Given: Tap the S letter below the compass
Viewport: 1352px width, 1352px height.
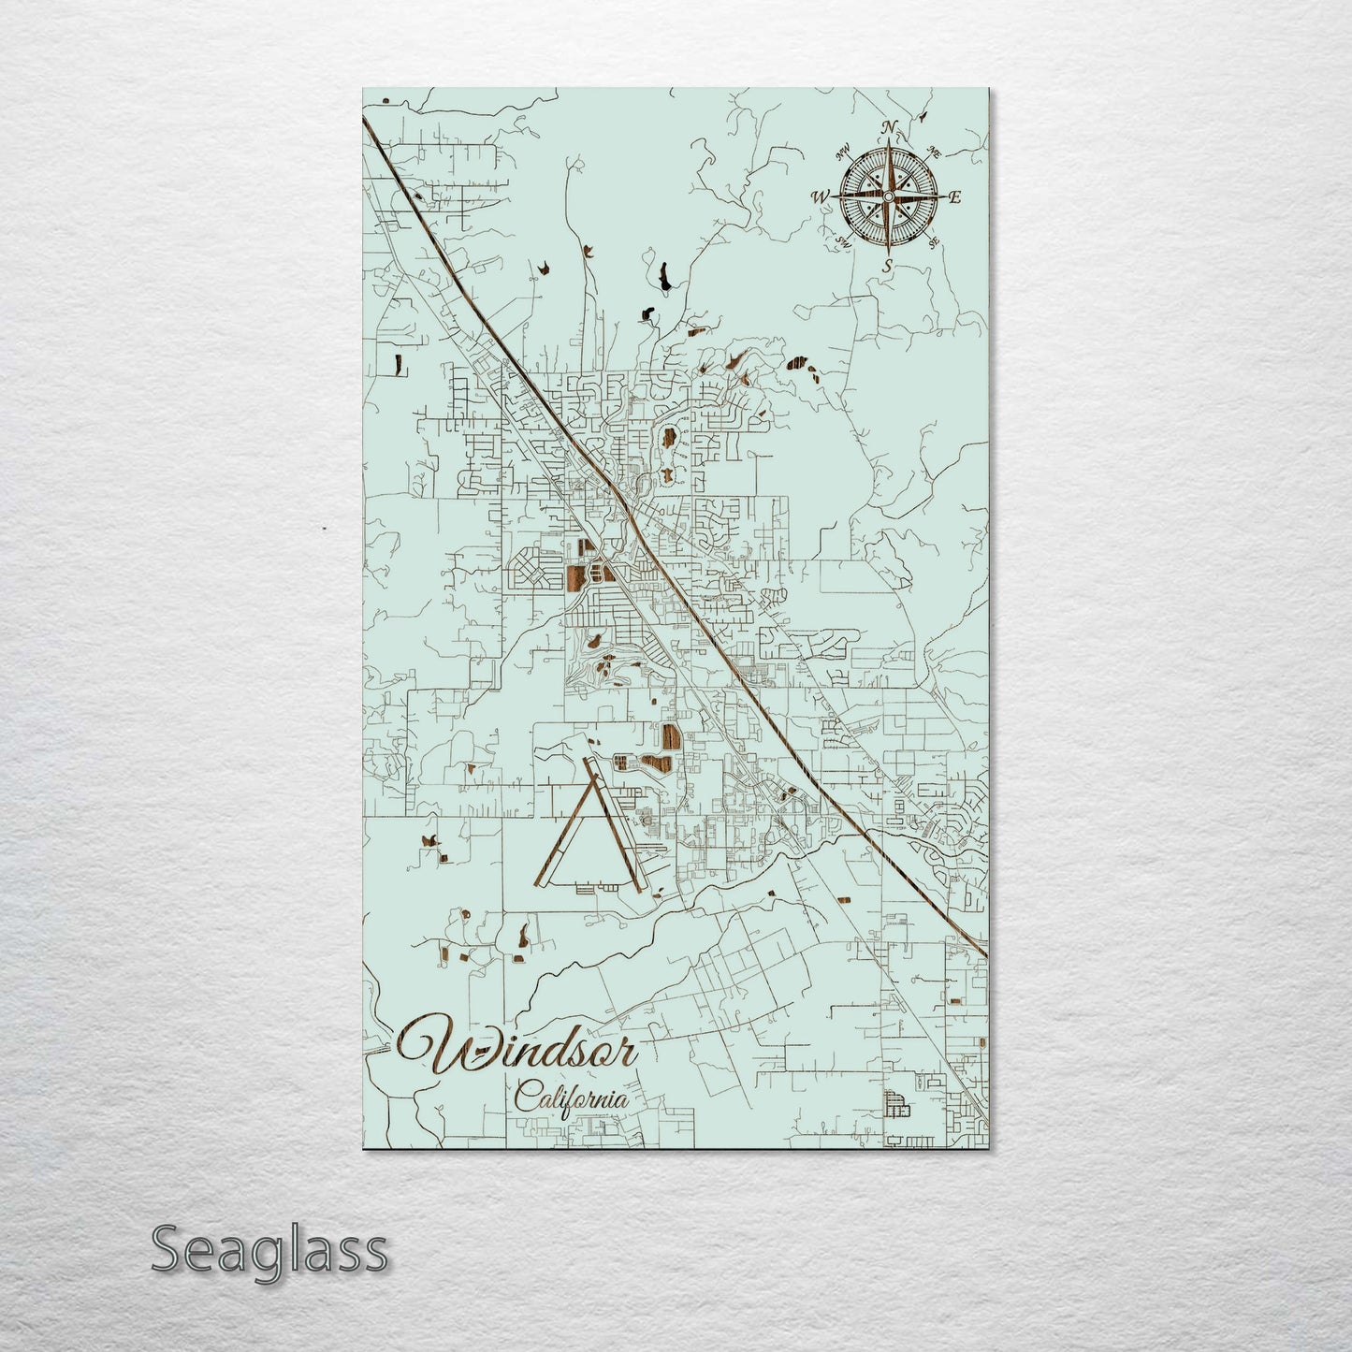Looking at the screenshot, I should point(887,267).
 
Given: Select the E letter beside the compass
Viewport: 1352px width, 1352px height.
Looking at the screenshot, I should point(955,197).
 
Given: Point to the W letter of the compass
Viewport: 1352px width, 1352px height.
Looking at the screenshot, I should point(821,196).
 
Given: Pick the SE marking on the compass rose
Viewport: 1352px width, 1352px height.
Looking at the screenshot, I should point(934,242).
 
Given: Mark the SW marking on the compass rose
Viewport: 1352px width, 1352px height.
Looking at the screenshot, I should point(843,242).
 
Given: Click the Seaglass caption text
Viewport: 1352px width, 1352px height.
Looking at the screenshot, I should point(269,1249).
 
